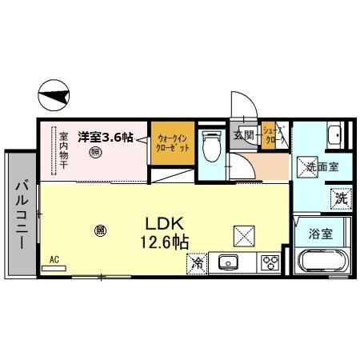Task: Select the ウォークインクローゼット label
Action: pos(173,143)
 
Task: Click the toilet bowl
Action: pos(211,147)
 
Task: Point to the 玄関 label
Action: pos(244,135)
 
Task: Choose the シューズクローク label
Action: pos(274,135)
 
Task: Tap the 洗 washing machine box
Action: pos(340,196)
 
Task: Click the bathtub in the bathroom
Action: pos(321,262)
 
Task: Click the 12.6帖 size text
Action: pos(166,239)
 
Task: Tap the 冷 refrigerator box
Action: pos(197,262)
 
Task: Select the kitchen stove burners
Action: pos(270,262)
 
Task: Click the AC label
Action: pos(55,259)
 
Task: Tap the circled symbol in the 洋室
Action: pos(94,153)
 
